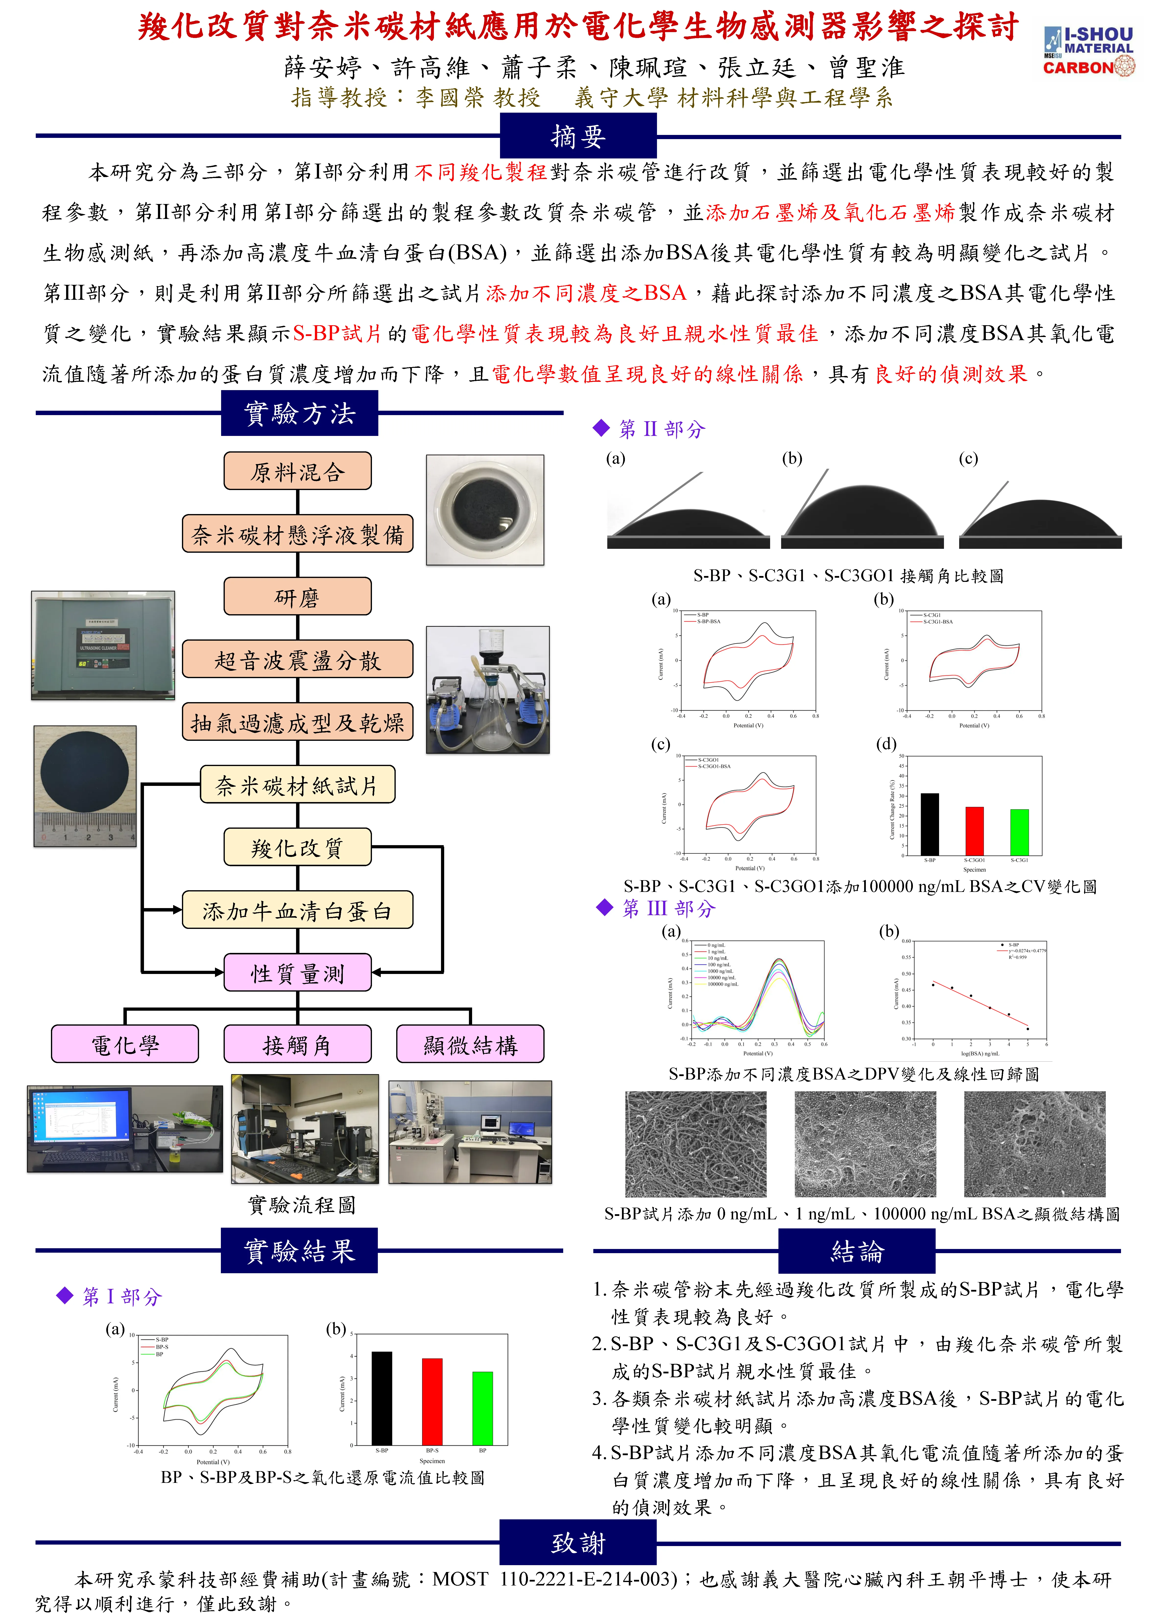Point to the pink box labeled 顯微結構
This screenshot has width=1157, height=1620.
[470, 1044]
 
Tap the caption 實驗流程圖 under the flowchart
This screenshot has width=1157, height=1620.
[301, 1205]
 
